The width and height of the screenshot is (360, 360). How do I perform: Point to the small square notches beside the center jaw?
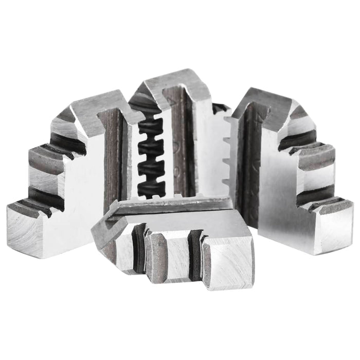pyautogui.click(x=226, y=149)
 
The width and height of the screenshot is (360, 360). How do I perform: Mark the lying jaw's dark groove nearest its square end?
pyautogui.click(x=195, y=252)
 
